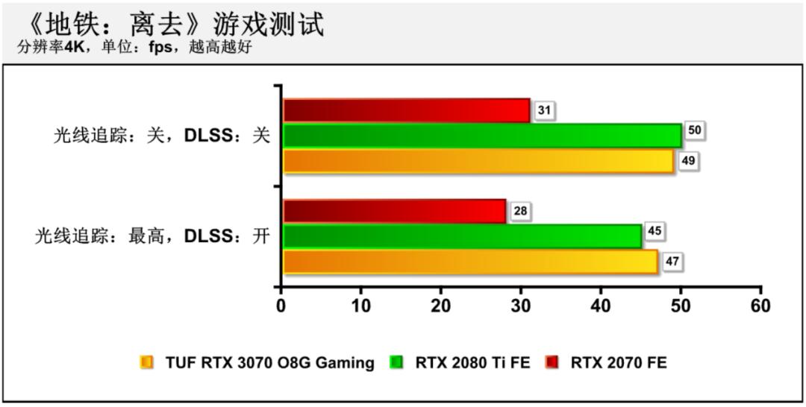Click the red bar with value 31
(x=407, y=110)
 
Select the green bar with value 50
(x=482, y=136)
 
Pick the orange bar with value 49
(x=478, y=161)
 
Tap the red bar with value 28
(x=395, y=211)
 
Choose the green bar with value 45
(x=462, y=236)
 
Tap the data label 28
(x=520, y=212)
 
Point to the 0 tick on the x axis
(x=281, y=306)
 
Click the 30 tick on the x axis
(x=521, y=306)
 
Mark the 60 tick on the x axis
(x=760, y=306)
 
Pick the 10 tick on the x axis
(x=360, y=306)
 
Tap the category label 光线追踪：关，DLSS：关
(x=161, y=136)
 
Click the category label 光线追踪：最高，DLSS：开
(x=152, y=237)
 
